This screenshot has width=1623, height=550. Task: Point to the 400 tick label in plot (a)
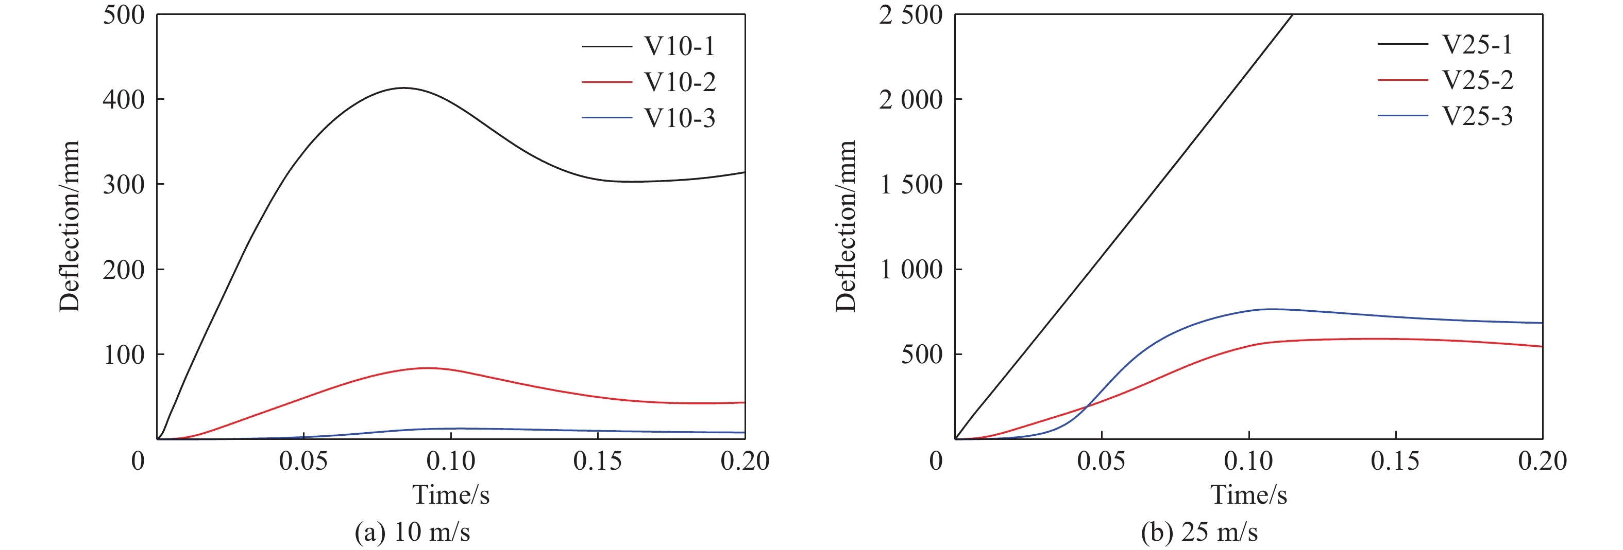[x=124, y=99]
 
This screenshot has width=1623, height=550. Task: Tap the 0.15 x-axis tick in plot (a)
[x=597, y=462]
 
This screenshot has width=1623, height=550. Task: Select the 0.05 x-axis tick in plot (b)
[x=1101, y=462]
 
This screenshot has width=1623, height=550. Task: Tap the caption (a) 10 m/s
[x=412, y=533]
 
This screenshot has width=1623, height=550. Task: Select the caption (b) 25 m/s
[x=1199, y=533]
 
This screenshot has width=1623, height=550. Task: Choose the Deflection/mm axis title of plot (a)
[x=70, y=226]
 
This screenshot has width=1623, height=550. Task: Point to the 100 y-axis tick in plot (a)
[x=124, y=355]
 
